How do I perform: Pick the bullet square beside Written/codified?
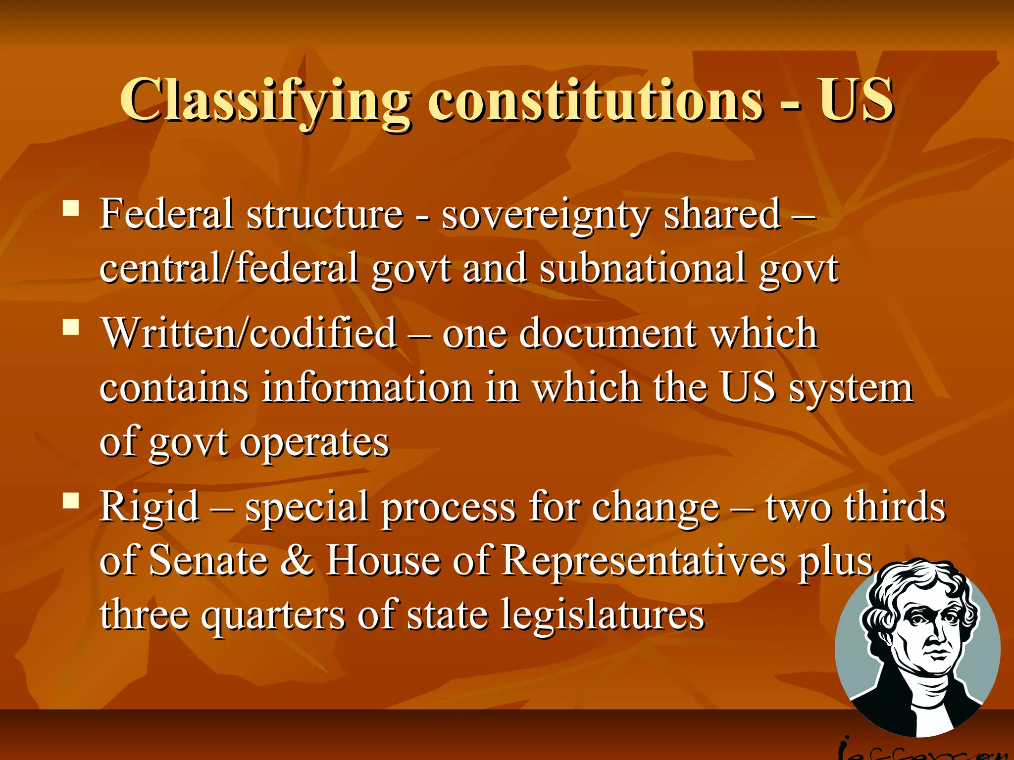pyautogui.click(x=71, y=327)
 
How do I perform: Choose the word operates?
pyautogui.click(x=314, y=442)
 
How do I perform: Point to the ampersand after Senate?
pyautogui.click(x=297, y=561)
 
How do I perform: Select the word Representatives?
pyautogui.click(x=644, y=561)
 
